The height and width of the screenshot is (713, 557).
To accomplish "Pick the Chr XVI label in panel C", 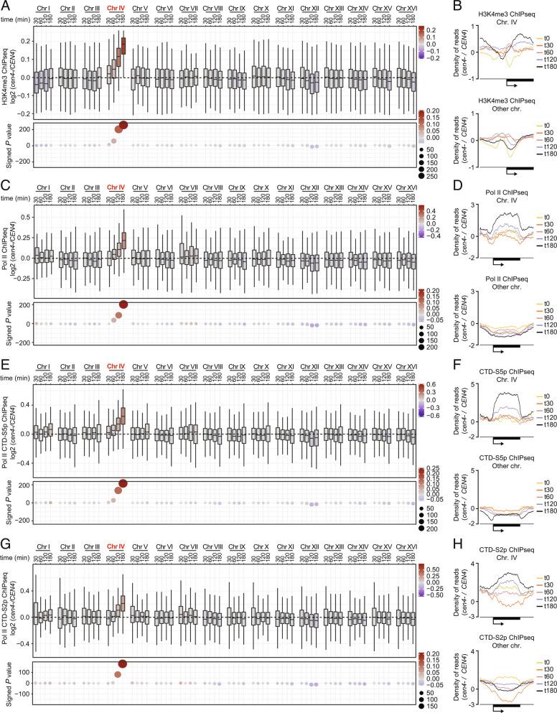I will tap(406, 187).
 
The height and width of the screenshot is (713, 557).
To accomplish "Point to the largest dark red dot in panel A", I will tap(123, 125).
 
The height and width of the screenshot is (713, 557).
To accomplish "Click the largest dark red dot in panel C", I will tap(123, 305).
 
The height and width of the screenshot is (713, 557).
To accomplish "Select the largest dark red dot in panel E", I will tap(123, 484).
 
